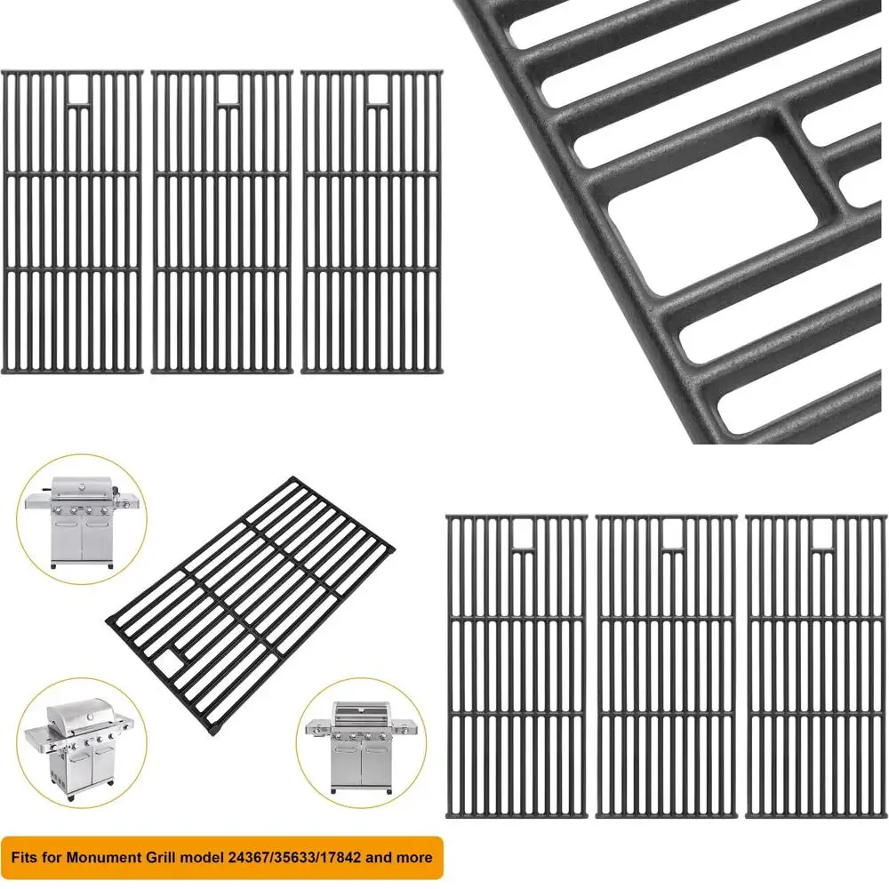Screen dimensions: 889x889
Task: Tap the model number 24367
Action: coord(245,858)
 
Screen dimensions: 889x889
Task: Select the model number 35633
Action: coord(293,858)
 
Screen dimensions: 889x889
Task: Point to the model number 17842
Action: coord(341,858)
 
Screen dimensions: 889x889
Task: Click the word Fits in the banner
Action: coord(27,858)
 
